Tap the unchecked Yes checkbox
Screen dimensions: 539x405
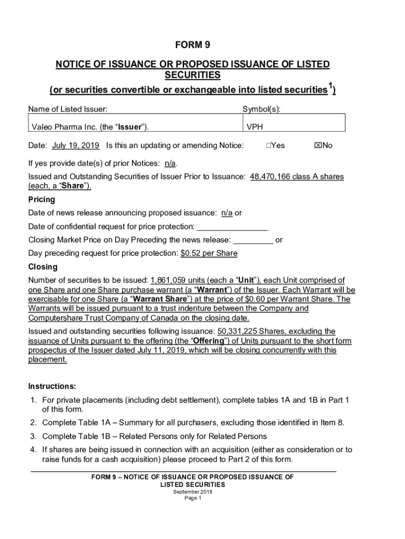pyautogui.click(x=269, y=145)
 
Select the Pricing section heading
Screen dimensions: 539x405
pyautogui.click(x=41, y=200)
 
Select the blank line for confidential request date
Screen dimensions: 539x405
pyautogui.click(x=232, y=227)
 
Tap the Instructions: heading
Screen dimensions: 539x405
pyautogui.click(x=52, y=386)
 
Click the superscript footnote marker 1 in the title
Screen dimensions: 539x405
pyautogui.click(x=330, y=86)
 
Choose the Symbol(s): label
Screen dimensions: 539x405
pyautogui.click(x=261, y=109)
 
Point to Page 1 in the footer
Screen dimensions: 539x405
pyautogui.click(x=193, y=498)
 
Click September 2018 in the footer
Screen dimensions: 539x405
pyautogui.click(x=193, y=492)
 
